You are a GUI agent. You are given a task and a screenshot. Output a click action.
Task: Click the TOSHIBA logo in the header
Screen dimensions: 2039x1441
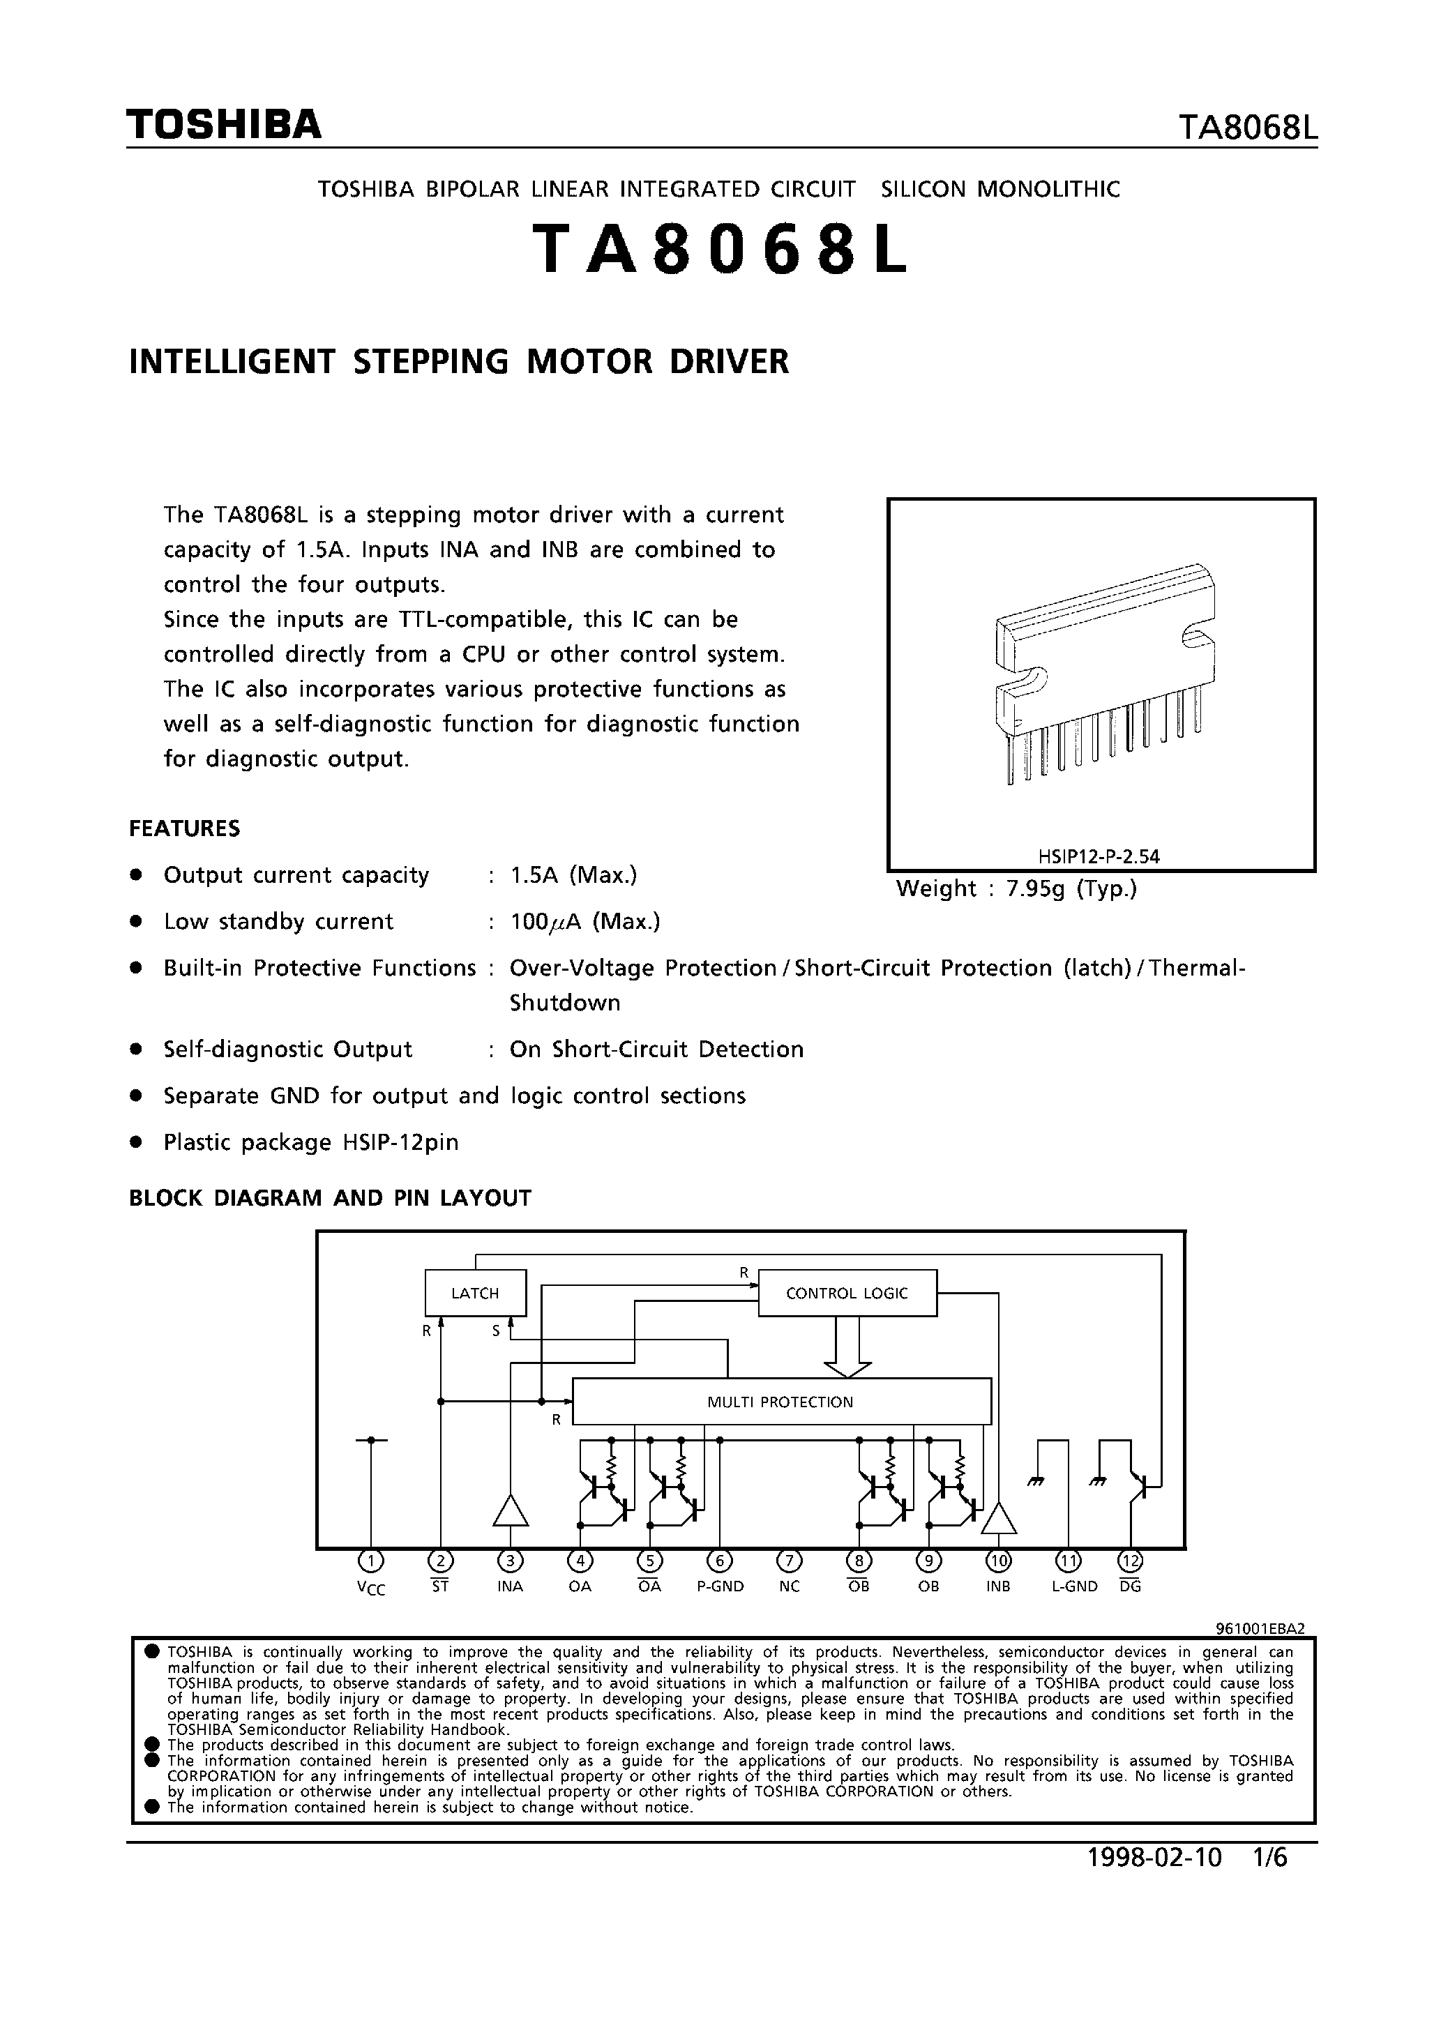tap(224, 126)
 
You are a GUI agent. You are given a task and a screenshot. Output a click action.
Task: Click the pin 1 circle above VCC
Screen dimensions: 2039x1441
tap(370, 1561)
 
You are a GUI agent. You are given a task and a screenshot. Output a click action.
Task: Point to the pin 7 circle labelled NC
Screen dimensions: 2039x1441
tap(789, 1561)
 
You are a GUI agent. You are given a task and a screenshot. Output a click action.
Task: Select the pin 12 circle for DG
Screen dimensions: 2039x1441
tap(1130, 1561)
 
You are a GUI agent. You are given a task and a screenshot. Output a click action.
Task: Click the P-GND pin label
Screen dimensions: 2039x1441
tap(720, 1586)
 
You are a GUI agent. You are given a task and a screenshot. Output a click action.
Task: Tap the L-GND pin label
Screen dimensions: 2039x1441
tap(1074, 1586)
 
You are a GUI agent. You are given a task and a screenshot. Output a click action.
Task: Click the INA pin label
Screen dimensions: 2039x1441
tap(510, 1586)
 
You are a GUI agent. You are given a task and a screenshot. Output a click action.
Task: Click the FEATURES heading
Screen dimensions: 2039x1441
tap(185, 828)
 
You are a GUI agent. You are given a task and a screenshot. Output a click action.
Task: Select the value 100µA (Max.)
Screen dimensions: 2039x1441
tap(585, 922)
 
